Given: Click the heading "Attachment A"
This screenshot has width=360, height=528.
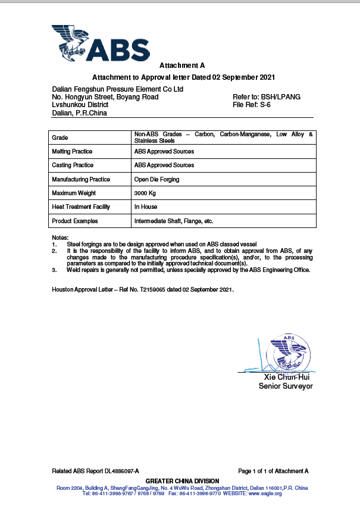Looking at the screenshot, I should [x=182, y=65].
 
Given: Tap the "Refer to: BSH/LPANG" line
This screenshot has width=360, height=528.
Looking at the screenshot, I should [x=267, y=96].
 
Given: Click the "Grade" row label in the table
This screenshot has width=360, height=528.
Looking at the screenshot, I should [x=61, y=138].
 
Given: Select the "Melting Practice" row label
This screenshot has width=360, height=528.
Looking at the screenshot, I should [x=73, y=151].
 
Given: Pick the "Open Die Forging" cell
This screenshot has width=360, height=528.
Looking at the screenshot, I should [x=157, y=179].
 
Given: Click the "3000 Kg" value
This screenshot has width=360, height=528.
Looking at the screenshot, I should [x=145, y=193].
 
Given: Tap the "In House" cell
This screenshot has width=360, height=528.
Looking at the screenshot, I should [x=146, y=207].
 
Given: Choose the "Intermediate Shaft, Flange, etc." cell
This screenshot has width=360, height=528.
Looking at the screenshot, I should [x=174, y=221].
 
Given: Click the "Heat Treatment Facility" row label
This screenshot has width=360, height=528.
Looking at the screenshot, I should [x=82, y=207].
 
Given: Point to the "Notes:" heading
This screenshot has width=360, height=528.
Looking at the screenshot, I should [x=60, y=238].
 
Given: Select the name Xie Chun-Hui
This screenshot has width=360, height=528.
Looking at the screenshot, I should [x=287, y=377].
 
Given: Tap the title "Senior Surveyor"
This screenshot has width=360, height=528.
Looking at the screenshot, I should [x=286, y=386].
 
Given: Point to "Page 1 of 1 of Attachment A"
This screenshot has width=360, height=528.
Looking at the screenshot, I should [x=273, y=471].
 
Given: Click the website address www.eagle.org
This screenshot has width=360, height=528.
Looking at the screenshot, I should [x=265, y=493].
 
